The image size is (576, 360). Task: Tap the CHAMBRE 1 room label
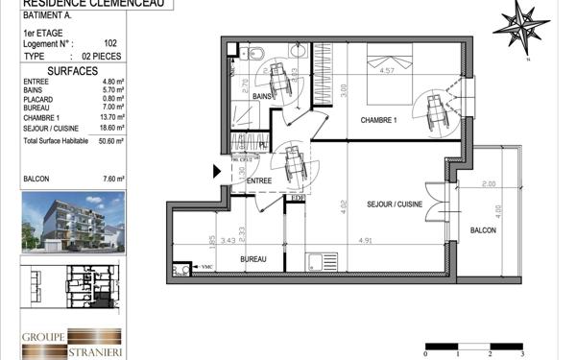378,120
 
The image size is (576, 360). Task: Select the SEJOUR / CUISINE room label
394,205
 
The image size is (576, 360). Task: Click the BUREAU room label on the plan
253,260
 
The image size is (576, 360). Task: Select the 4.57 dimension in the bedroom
388,70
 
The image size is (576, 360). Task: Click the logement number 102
109,43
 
